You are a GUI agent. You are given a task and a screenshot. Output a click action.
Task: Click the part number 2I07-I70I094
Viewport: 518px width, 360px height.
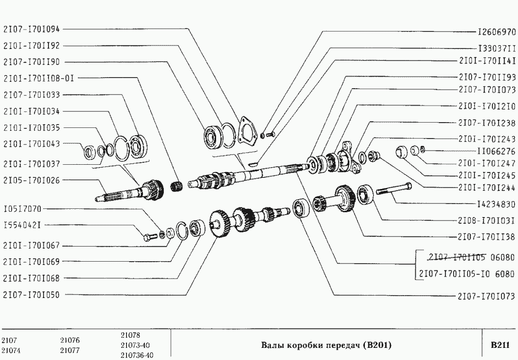31,29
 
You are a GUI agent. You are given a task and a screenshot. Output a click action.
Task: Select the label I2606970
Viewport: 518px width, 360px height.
497,32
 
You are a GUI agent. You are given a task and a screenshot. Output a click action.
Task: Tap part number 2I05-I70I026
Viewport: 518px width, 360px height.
31,180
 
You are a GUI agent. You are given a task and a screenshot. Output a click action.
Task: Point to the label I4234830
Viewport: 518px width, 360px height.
496,204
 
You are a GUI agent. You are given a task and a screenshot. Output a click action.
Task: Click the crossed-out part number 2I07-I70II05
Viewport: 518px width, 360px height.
456,257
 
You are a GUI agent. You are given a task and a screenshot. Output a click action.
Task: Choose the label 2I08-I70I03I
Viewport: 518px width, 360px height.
487,220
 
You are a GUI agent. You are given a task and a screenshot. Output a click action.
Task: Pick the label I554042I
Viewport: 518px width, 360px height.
22,225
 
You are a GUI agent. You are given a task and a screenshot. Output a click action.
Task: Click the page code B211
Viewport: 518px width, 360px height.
500,345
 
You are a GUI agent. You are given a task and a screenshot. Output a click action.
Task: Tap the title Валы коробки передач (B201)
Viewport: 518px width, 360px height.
326,345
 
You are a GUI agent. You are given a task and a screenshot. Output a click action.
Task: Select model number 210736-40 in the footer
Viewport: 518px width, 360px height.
137,355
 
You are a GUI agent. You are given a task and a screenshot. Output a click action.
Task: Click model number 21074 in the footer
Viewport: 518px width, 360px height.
10,350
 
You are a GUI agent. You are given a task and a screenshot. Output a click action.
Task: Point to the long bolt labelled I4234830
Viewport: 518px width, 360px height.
394,188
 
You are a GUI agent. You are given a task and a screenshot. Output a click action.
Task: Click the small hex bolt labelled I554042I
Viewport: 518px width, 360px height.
150,236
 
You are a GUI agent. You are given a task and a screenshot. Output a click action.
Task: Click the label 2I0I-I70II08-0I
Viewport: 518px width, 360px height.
39,78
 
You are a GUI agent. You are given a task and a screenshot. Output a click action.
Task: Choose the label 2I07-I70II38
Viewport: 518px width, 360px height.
487,236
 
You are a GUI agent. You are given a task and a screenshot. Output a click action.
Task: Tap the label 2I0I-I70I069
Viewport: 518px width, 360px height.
31,262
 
